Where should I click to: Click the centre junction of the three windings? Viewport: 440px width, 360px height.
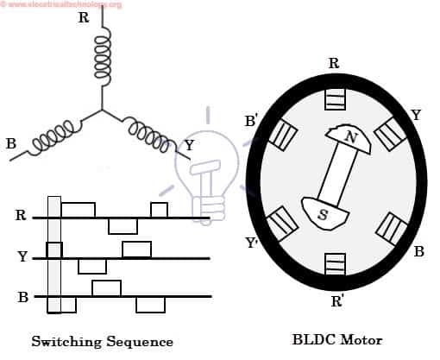tap(103, 111)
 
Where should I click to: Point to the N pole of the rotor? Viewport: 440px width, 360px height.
tap(347, 138)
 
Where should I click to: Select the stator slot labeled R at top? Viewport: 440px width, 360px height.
tap(335, 99)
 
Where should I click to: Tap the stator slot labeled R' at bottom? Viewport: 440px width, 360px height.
tap(335, 263)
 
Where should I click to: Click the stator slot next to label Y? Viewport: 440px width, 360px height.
tap(390, 133)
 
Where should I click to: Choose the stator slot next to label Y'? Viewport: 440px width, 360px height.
tap(282, 224)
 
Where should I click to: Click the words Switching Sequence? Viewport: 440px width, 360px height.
tap(102, 342)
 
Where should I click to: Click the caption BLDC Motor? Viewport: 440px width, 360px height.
tap(336, 340)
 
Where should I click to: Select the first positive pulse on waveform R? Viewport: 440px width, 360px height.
tap(78, 210)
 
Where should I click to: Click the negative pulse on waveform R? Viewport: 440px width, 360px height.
tap(123, 226)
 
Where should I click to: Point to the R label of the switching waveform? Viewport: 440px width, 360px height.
tap(21, 216)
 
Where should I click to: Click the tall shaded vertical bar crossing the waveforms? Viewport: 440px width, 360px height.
tap(53, 254)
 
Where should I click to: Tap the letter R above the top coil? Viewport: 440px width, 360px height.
tap(83, 17)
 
